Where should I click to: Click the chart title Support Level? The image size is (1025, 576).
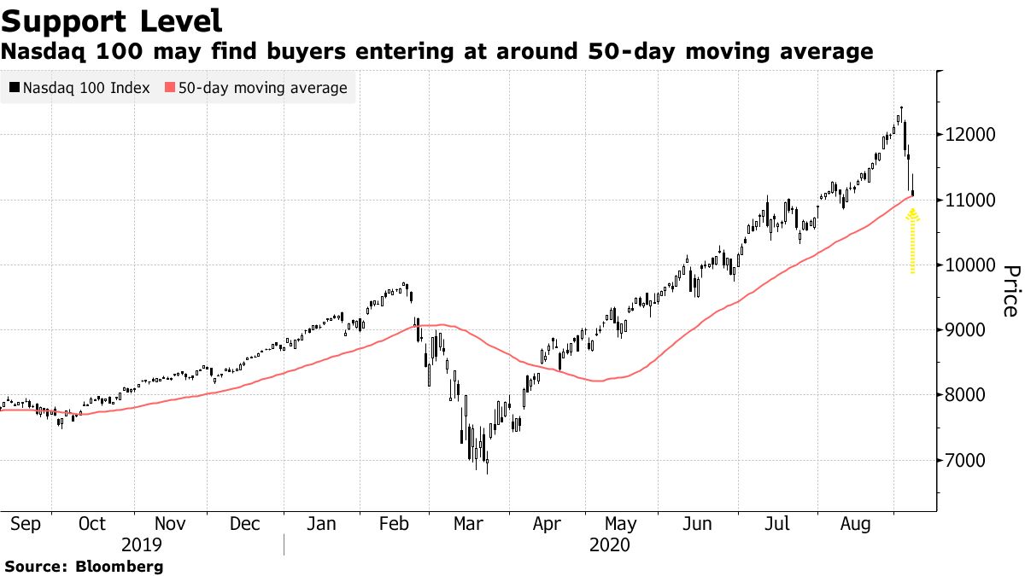[x=113, y=20]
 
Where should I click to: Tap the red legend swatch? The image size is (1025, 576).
[x=170, y=88]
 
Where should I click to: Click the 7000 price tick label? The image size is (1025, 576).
[x=966, y=460]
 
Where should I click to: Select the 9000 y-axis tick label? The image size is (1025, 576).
[x=966, y=330]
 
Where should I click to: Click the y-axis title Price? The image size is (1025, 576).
[x=1010, y=290]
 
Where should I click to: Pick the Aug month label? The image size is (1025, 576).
[x=855, y=524]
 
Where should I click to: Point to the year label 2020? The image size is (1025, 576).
[x=610, y=545]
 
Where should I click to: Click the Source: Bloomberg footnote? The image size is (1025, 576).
[x=84, y=566]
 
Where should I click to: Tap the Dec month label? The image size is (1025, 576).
[x=245, y=524]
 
